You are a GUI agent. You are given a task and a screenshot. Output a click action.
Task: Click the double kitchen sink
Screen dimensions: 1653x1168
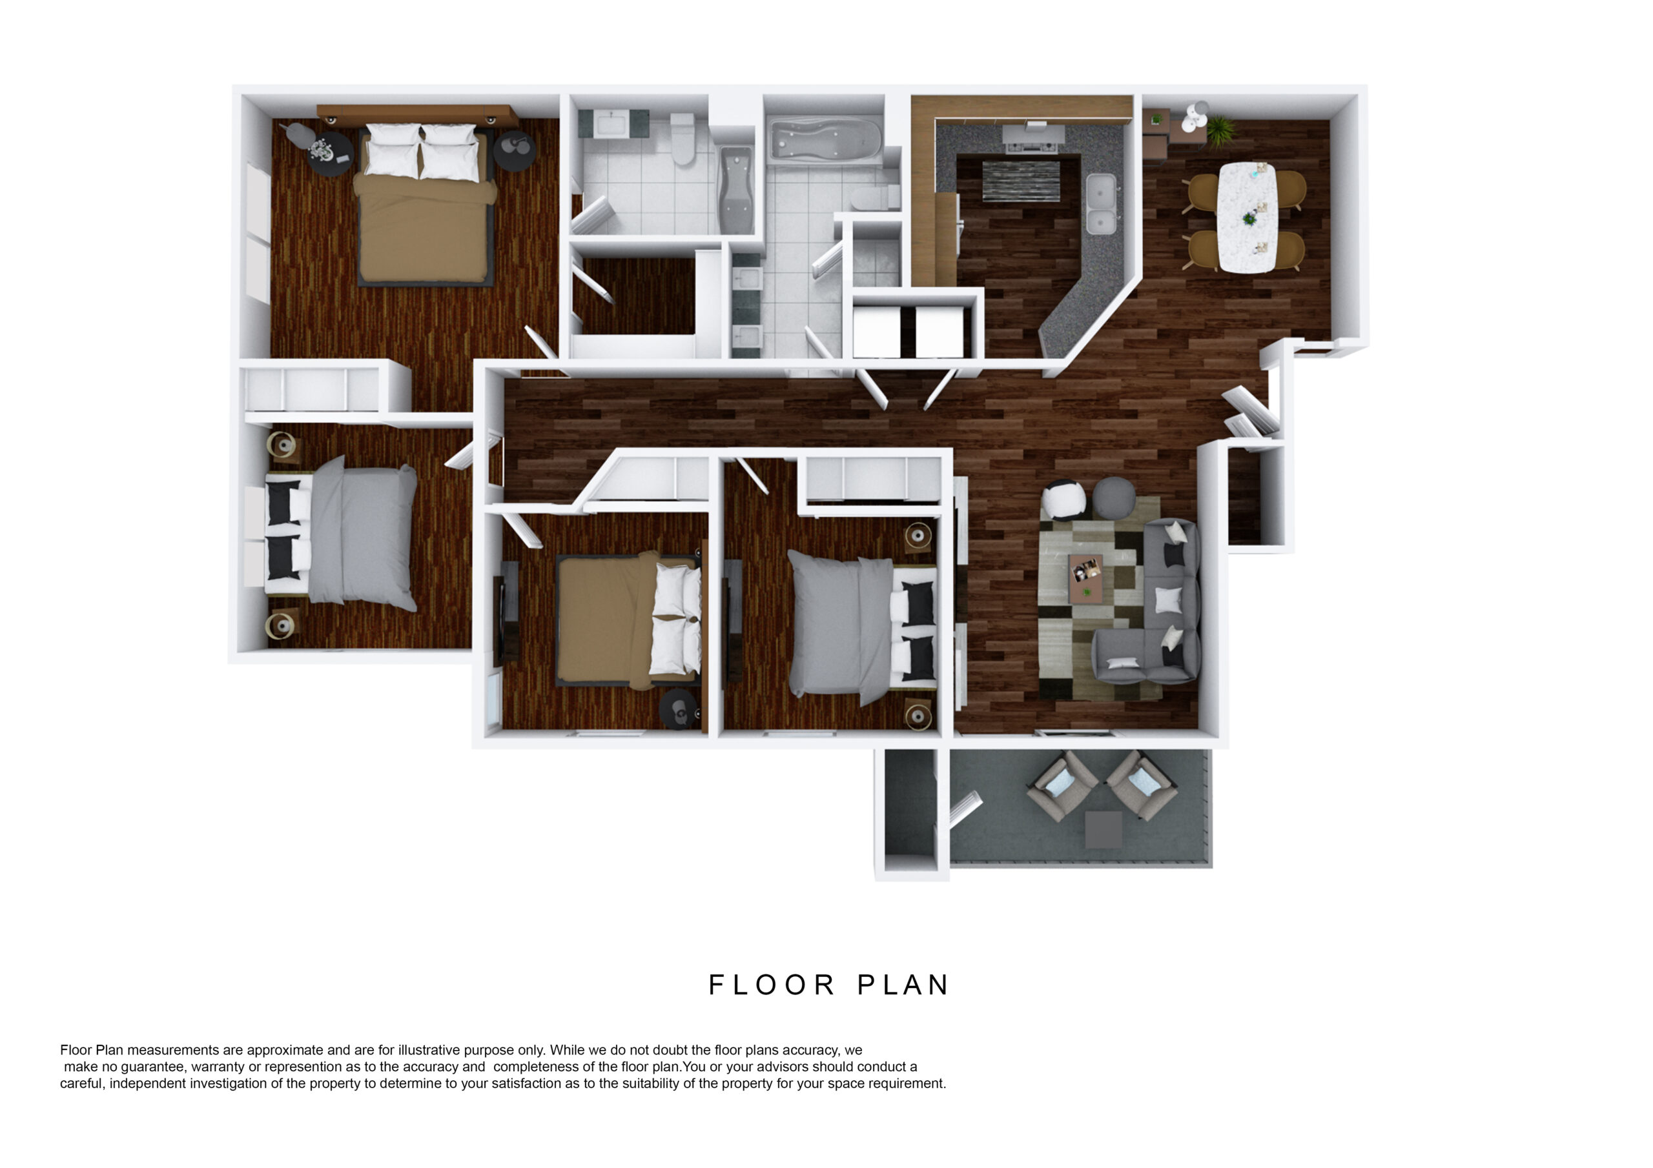coord(1101,204)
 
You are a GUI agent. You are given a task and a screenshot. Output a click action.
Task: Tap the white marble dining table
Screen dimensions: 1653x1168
coord(1246,217)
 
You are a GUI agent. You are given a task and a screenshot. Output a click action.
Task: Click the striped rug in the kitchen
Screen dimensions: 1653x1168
coord(1021,181)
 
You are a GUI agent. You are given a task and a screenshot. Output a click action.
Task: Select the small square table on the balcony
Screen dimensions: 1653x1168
coord(1103,829)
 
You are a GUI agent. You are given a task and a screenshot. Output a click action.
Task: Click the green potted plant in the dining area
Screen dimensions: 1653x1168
coord(1220,131)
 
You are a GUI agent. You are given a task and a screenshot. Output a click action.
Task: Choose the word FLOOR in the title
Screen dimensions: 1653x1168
coord(772,985)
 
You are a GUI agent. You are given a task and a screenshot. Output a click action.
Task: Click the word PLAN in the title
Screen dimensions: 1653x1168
coord(903,985)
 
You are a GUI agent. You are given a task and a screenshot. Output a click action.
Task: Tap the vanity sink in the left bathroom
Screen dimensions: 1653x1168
coord(613,123)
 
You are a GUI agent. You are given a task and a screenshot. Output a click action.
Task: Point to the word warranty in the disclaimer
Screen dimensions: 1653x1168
coord(218,1067)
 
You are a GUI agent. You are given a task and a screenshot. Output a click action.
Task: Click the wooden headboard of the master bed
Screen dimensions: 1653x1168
coord(418,114)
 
